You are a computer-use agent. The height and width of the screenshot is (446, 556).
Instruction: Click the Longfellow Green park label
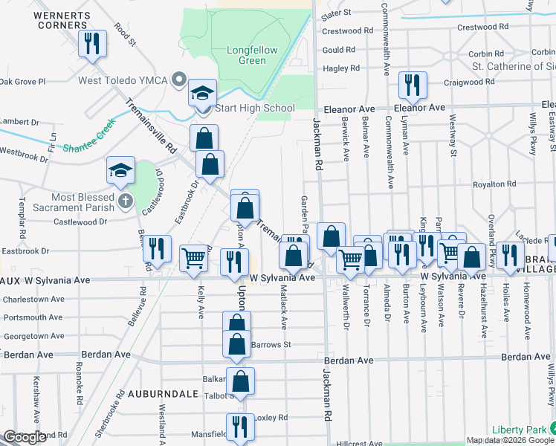(x=252, y=56)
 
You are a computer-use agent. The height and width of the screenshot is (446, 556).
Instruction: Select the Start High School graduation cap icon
(x=202, y=94)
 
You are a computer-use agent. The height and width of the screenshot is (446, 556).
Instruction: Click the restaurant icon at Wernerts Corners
(x=91, y=43)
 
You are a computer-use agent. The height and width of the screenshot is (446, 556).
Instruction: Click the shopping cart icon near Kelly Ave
(x=193, y=259)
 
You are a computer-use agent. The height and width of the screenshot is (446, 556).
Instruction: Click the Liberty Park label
(x=519, y=430)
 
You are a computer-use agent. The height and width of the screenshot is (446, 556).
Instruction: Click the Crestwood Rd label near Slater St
(x=347, y=30)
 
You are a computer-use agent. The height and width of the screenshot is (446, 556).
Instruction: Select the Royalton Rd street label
(x=494, y=184)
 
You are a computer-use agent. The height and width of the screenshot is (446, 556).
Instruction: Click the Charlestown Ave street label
(x=34, y=300)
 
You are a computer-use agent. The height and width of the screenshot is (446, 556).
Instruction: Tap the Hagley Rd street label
(x=341, y=68)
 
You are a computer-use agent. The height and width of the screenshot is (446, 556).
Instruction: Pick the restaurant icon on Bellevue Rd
(x=157, y=248)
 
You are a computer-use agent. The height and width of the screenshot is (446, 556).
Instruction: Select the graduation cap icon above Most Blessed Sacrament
(x=120, y=170)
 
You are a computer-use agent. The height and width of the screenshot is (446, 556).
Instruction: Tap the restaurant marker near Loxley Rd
(x=239, y=427)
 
